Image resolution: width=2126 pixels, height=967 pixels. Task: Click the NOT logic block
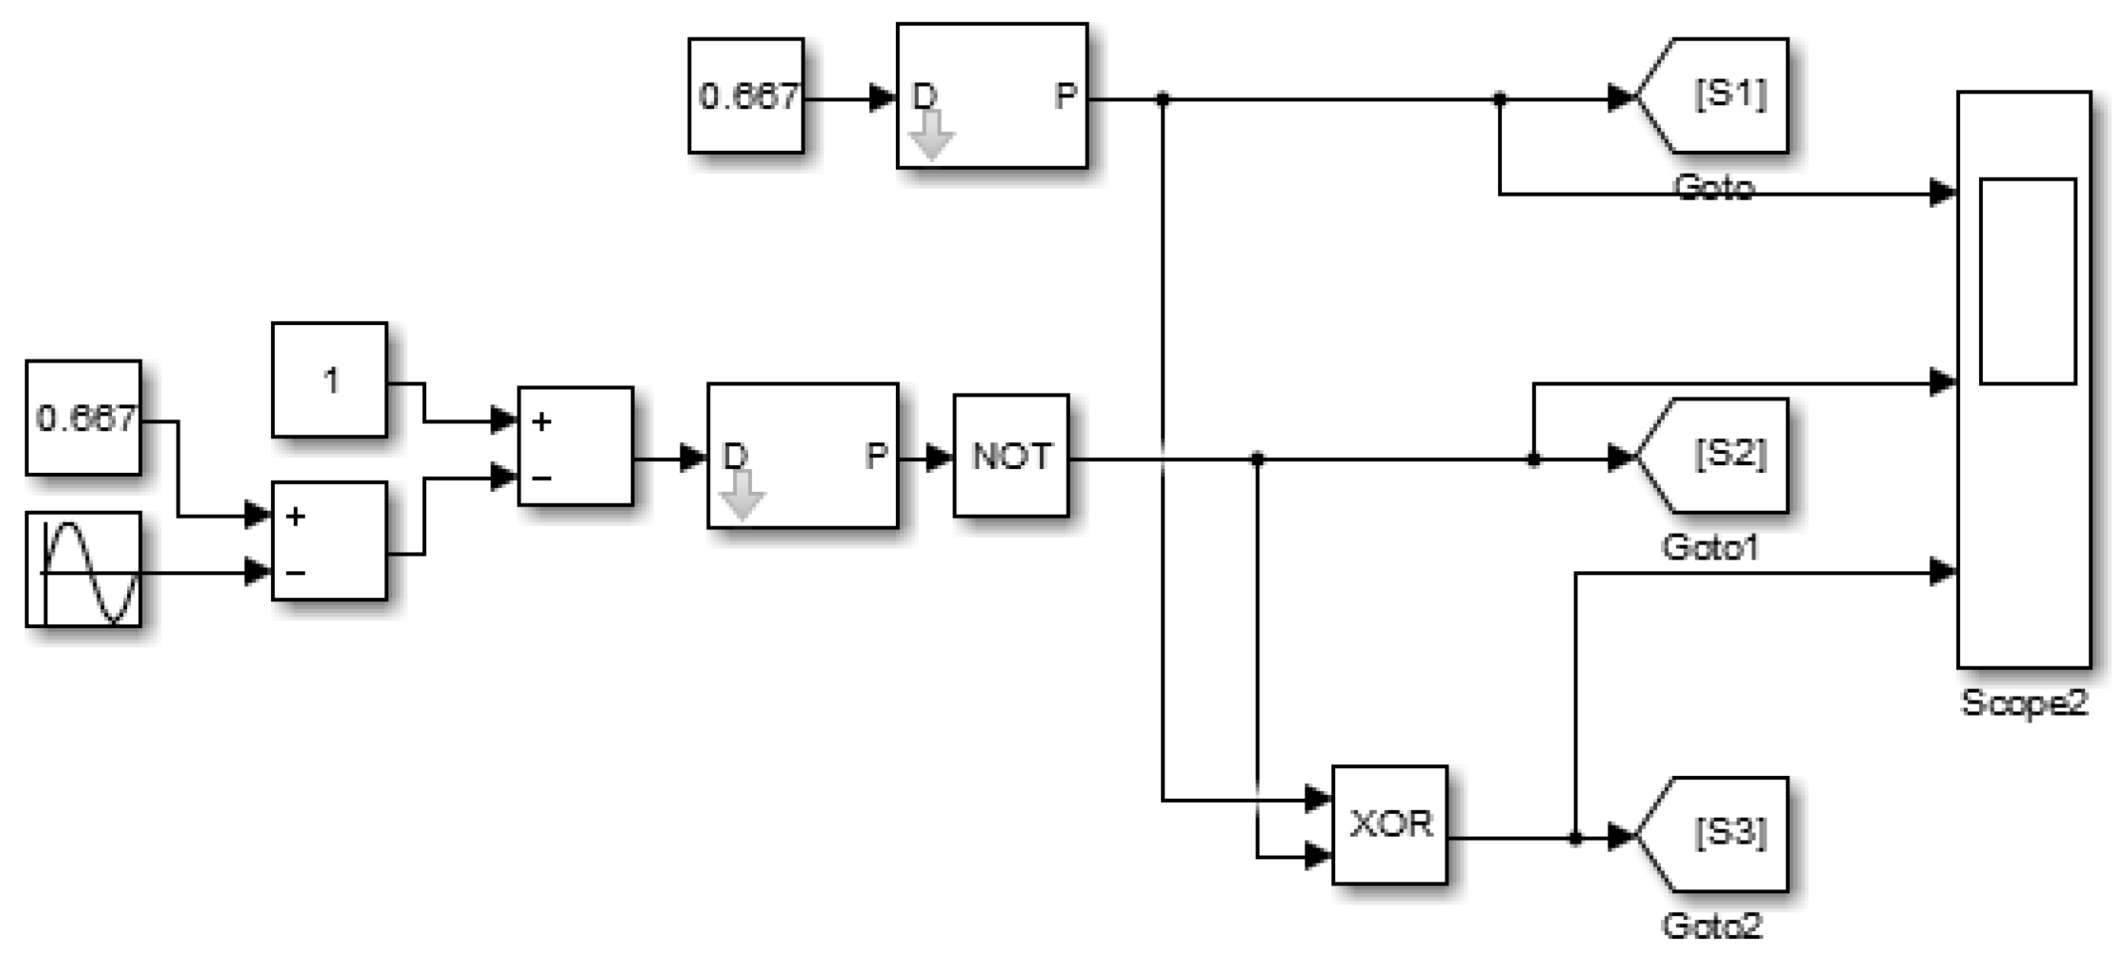[x=1011, y=457]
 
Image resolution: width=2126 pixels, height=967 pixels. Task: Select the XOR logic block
[x=1390, y=825]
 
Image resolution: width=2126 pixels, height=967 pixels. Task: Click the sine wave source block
[x=84, y=570]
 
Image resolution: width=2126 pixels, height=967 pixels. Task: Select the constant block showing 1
[x=330, y=380]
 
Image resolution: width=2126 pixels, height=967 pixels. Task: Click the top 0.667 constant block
[x=746, y=96]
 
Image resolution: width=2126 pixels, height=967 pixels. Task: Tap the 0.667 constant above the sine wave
[x=84, y=418]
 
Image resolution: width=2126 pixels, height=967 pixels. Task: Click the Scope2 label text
[x=2024, y=703]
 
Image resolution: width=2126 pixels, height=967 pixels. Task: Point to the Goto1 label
[x=1710, y=547]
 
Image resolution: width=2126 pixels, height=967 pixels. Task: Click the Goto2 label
[x=1712, y=926]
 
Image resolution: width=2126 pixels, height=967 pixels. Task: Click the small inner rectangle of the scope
[x=2028, y=281]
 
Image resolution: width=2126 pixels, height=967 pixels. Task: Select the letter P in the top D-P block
[x=1066, y=97]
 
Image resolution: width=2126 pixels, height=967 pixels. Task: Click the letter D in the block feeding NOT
[x=735, y=456]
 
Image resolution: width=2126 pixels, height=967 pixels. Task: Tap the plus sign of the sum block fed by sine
[x=295, y=517]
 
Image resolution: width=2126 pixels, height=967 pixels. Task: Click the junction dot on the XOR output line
[x=1576, y=839]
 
